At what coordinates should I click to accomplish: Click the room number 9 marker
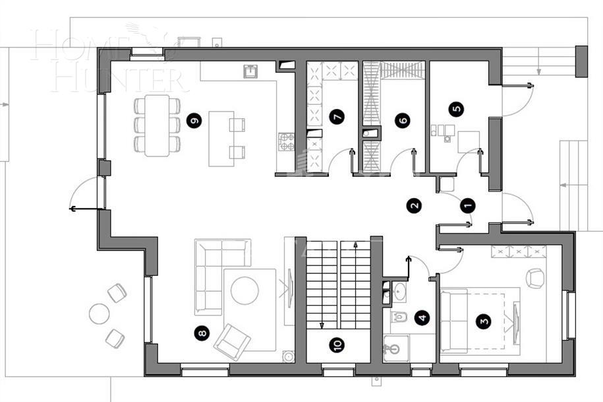tap(193, 121)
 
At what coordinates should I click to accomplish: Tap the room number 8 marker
tap(202, 333)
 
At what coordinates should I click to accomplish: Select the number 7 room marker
tap(337, 117)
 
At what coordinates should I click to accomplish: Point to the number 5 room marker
tap(455, 108)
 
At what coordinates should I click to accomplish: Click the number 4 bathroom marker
tap(422, 318)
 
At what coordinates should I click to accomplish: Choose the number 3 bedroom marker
tap(484, 321)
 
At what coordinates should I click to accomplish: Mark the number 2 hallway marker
tap(414, 205)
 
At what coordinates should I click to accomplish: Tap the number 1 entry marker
tap(468, 205)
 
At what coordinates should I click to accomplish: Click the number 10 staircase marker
tap(336, 345)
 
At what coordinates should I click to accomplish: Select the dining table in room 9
tap(158, 125)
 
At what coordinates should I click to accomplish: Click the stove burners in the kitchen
tap(287, 141)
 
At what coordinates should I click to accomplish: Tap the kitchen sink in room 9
tap(251, 71)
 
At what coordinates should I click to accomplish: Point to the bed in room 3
tap(478, 321)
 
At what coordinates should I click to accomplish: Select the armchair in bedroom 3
tap(535, 278)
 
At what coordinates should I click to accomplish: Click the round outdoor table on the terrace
tap(100, 313)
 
